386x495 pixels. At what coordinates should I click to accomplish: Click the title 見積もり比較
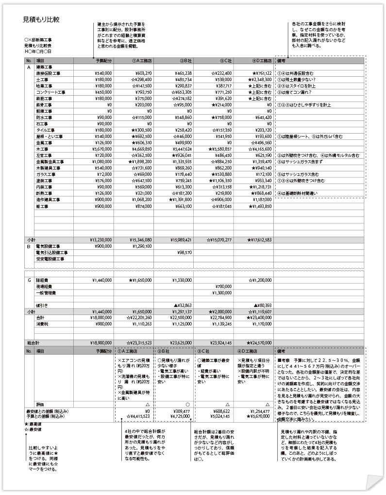click(x=41, y=19)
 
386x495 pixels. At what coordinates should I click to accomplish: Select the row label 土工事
click(x=42, y=79)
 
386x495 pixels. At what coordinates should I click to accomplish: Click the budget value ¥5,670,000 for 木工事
click(x=102, y=149)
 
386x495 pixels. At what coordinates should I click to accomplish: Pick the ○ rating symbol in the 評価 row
click(x=174, y=404)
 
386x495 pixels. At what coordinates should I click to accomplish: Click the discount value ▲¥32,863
click(x=180, y=305)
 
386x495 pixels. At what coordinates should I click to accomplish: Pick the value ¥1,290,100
click(x=141, y=246)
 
